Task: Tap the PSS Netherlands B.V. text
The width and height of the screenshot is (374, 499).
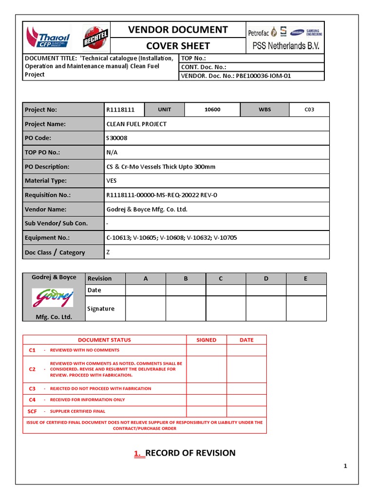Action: coord(285,46)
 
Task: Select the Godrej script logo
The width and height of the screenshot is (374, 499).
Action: coord(53,297)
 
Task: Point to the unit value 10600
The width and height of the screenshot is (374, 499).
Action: coord(212,110)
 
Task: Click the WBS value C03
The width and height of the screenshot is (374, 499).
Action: coord(309,110)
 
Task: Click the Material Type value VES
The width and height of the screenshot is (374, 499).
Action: coord(112,181)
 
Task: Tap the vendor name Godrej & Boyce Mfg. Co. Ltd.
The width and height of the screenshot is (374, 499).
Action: coord(147,210)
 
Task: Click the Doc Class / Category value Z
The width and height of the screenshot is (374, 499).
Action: coord(108,252)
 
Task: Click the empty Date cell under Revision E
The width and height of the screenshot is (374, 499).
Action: coord(306,290)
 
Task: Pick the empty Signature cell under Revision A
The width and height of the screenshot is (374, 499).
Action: coord(146,309)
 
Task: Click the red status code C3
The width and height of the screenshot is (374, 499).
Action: coord(32,388)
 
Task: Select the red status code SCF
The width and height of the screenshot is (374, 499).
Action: coord(32,411)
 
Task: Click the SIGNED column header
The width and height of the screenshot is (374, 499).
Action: coord(206,340)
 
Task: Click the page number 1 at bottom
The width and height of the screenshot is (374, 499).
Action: coord(345,466)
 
